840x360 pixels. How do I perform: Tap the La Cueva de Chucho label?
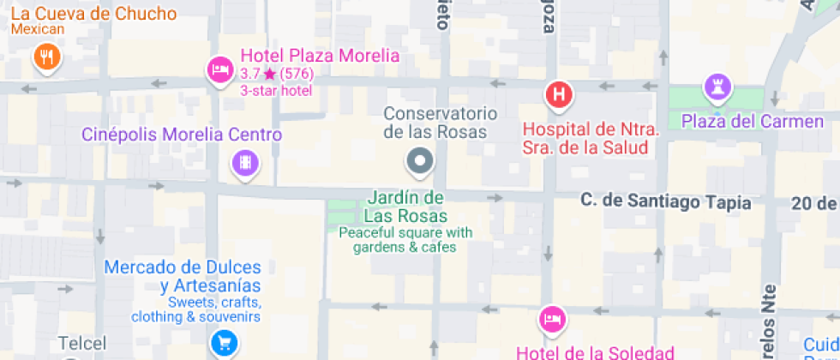[94, 15]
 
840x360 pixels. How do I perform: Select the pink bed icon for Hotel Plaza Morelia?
[219, 69]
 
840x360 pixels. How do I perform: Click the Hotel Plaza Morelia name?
[320, 56]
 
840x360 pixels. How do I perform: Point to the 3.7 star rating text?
[276, 74]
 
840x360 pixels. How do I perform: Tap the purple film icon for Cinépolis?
[246, 163]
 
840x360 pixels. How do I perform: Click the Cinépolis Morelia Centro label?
[182, 135]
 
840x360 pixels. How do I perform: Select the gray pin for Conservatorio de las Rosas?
[420, 160]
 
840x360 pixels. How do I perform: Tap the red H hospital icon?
[559, 93]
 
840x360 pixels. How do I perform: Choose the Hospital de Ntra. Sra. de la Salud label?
[591, 139]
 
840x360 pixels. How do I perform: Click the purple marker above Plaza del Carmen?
[715, 86]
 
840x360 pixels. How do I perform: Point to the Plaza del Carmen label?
[752, 122]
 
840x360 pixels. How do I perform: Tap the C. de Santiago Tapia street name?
[665, 202]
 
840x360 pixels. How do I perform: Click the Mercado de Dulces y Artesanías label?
[183, 277]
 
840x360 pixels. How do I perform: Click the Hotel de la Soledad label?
[595, 351]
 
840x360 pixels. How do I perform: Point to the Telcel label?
[82, 344]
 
